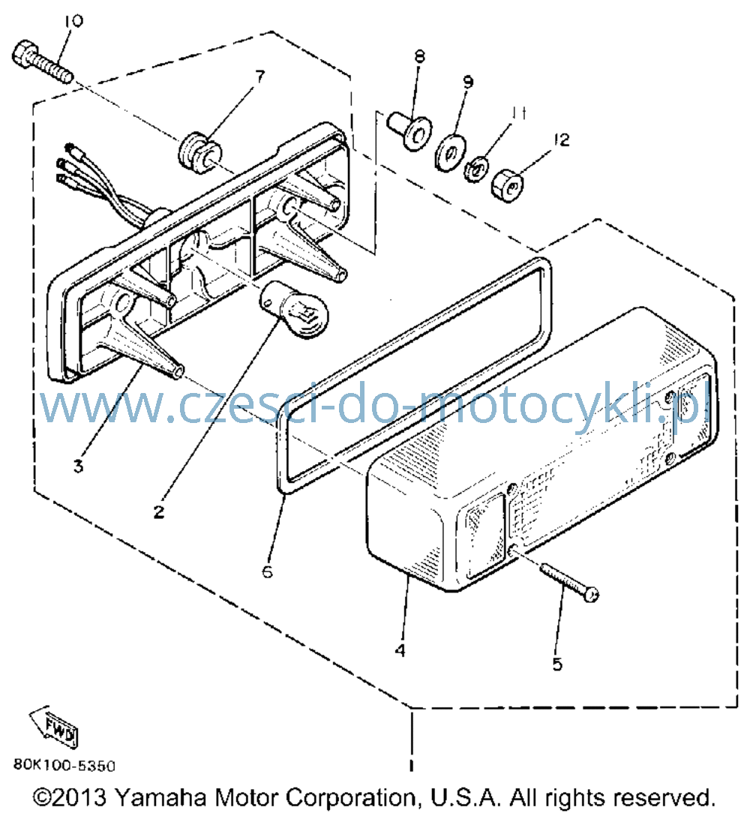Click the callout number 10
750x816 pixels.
pos(73,21)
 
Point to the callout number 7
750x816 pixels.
pos(259,76)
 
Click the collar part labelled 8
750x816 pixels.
pos(409,130)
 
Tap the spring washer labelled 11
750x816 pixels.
pos(475,169)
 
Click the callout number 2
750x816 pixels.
pos(159,511)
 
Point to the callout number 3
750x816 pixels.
pos(78,466)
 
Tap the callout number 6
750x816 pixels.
pos(267,571)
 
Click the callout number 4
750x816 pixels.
pos(400,649)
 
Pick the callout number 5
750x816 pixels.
pos(557,664)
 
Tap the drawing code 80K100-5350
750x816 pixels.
pos(64,765)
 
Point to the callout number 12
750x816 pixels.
pos(561,140)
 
